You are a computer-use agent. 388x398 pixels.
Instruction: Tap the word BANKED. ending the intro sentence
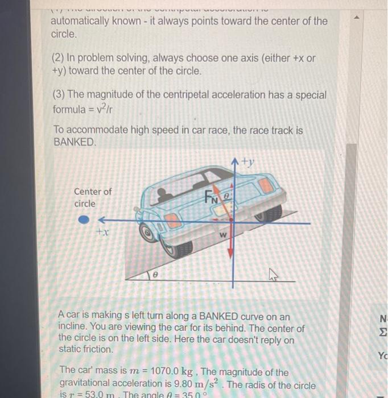click(x=75, y=142)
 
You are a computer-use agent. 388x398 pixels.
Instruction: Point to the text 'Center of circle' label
click(x=93, y=198)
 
